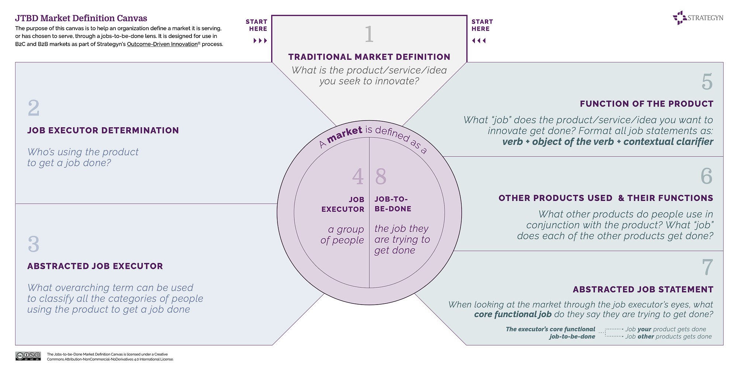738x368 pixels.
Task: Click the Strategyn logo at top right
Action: [697, 18]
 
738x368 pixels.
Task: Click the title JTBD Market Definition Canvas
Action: [81, 18]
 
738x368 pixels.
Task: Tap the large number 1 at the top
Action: [369, 34]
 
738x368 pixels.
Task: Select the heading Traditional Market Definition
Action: [369, 57]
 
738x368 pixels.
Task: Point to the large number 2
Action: [34, 108]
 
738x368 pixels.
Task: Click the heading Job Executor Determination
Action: [103, 130]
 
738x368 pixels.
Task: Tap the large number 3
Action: [34, 244]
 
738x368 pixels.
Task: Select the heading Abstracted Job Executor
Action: [95, 266]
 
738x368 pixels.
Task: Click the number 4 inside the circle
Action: [358, 176]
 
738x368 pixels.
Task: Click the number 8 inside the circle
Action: [381, 176]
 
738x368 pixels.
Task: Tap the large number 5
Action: [707, 82]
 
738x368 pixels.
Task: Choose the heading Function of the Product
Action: [646, 104]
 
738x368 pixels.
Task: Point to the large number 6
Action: [707, 176]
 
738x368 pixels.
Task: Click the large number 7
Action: [707, 267]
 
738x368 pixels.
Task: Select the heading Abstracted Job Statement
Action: [643, 289]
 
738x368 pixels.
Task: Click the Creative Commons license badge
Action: [28, 356]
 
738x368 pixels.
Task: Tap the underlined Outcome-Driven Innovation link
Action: [162, 44]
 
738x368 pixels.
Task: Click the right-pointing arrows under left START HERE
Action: [260, 41]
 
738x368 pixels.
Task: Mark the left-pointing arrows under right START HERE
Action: [479, 41]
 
